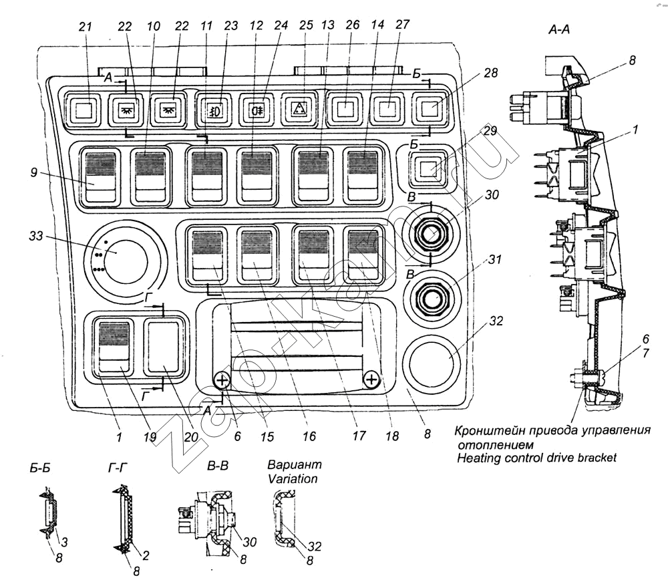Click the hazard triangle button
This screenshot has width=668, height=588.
299,109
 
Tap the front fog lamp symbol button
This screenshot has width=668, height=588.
214,109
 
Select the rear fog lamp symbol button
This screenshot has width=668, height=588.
257,109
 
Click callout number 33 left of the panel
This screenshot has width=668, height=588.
36,236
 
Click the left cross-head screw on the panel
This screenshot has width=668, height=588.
222,380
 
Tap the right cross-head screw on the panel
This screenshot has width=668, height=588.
371,379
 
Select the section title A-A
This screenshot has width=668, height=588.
559,29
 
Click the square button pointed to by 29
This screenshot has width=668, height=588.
428,168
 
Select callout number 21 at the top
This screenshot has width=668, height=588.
86,27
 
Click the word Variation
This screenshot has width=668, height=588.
293,478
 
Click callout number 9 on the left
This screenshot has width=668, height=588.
33,172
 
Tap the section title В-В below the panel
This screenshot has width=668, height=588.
218,465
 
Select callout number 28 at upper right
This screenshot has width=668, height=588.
491,73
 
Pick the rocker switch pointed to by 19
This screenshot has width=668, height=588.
114,346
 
